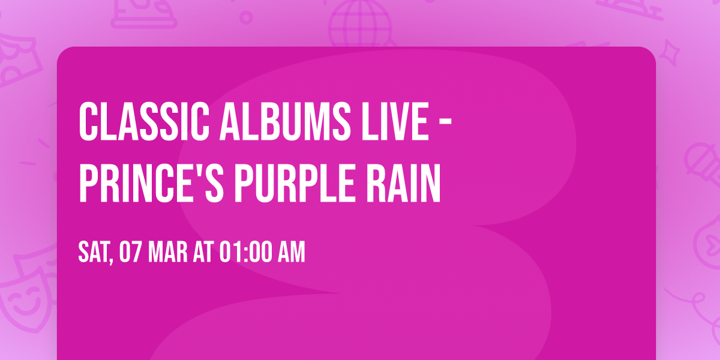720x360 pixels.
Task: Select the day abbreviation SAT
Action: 93,253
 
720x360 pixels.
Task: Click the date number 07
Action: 131,253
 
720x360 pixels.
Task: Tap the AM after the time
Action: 291,253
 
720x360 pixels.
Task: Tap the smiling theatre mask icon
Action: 24,294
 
